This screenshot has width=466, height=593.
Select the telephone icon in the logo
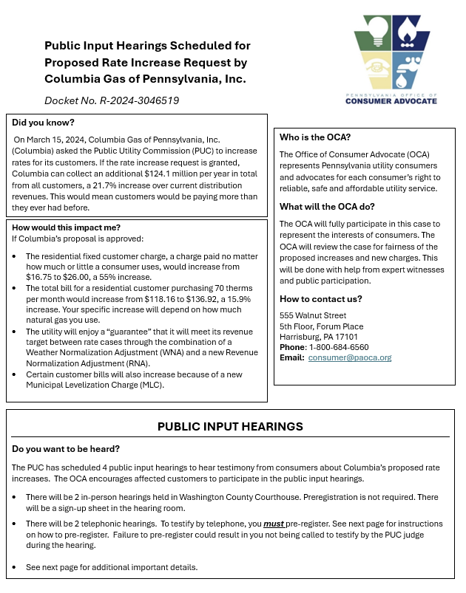(x=376, y=67)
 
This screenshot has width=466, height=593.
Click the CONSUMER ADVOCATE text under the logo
(x=391, y=100)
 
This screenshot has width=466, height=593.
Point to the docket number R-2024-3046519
(x=141, y=100)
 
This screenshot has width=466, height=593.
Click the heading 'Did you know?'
(x=43, y=123)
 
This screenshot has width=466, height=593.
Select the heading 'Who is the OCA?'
(x=315, y=137)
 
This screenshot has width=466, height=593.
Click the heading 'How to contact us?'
(x=321, y=298)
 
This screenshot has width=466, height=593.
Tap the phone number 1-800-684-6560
(x=338, y=347)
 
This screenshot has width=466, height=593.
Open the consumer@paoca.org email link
(x=350, y=357)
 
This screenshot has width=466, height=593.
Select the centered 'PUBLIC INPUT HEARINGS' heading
(x=231, y=427)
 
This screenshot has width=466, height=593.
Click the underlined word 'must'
(x=274, y=524)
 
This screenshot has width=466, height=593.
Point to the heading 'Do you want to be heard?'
(x=66, y=449)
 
